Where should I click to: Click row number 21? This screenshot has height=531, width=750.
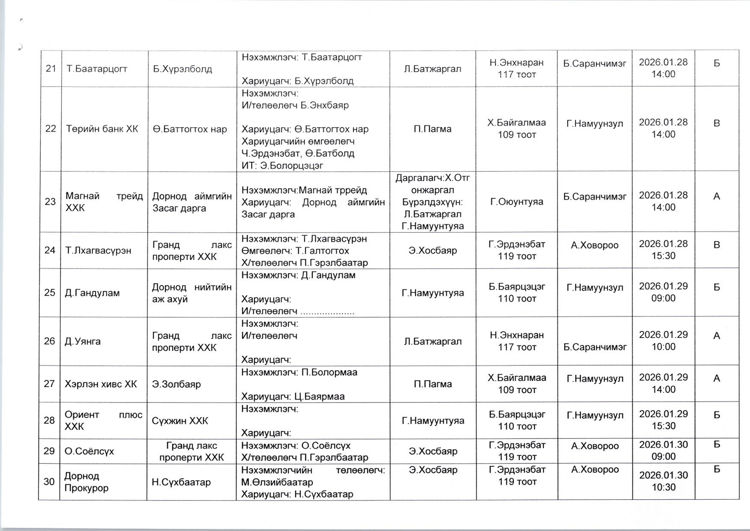coord(51,69)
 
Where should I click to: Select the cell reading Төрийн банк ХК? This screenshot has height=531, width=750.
coord(102,129)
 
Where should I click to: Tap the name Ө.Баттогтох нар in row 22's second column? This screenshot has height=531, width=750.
coord(190,129)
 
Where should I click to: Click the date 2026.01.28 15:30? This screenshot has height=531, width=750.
coord(663,250)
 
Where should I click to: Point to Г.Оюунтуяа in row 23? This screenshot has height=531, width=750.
coord(517,202)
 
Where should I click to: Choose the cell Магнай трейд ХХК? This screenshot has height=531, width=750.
coord(104,202)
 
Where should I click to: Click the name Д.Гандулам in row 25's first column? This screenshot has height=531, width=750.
coord(92,293)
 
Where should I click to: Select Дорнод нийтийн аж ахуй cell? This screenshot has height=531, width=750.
coord(192,293)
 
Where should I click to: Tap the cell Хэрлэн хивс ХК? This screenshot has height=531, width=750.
coord(101,384)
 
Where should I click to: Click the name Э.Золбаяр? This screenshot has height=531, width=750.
coord(176,384)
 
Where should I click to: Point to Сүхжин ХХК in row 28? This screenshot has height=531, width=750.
coord(180,421)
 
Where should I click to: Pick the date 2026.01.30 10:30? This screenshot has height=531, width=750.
coord(663,481)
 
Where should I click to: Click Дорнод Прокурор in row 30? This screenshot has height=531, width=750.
coord(86,482)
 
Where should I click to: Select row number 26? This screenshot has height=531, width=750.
coord(50,341)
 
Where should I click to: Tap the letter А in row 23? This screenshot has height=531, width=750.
coord(717,197)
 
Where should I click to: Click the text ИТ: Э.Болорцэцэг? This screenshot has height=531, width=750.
coord(282,165)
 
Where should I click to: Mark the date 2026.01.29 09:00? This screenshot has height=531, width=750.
coord(663,292)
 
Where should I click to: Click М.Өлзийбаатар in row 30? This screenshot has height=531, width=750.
coord(277,482)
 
